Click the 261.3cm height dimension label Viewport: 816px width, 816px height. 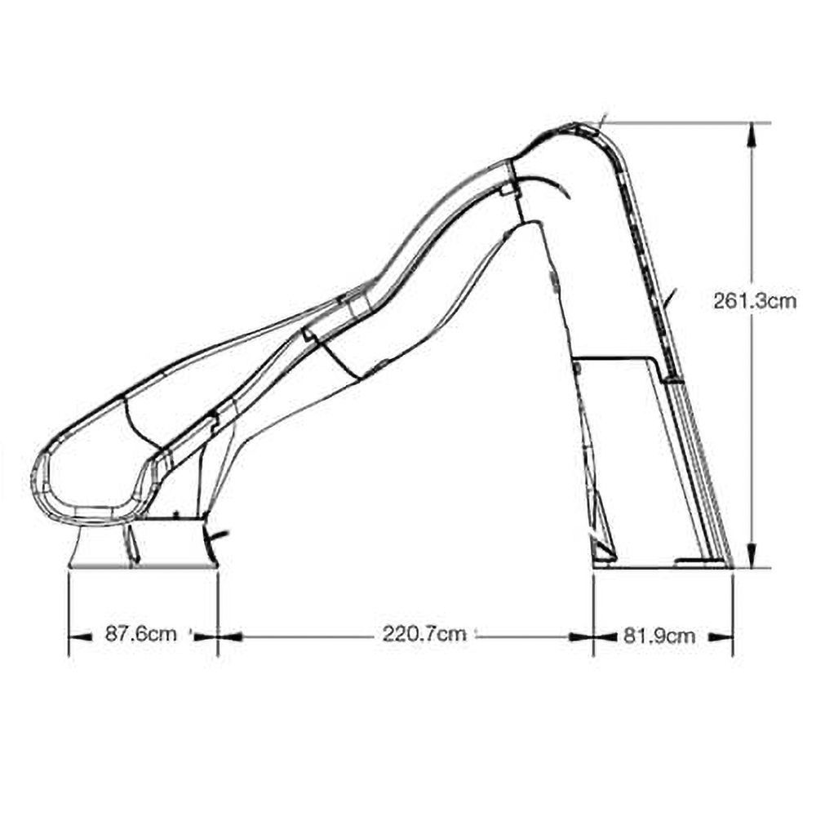click(x=755, y=301)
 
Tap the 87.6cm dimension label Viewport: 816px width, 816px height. click(x=141, y=634)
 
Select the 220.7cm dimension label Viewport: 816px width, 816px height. click(x=424, y=634)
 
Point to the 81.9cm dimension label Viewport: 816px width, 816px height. click(x=659, y=636)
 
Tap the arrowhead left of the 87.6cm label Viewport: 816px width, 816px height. click(x=78, y=636)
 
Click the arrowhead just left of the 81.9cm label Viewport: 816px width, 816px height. click(x=604, y=636)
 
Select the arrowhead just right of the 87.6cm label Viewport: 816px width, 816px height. click(x=206, y=636)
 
